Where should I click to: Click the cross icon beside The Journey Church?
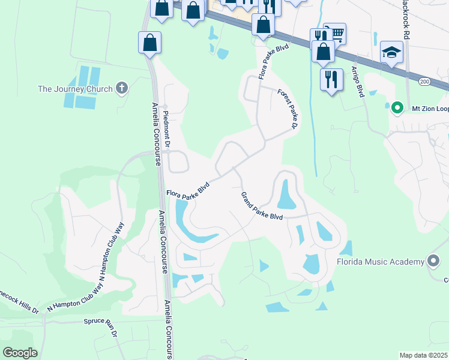click(122, 89)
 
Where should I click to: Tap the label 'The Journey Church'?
click(75, 89)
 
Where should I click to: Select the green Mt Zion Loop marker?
click(396, 109)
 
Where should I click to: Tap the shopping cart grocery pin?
click(335, 34)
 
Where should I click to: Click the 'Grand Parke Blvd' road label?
click(262, 206)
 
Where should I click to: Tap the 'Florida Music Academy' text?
click(380, 262)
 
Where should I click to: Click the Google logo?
click(20, 352)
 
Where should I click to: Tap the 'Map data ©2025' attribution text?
click(423, 355)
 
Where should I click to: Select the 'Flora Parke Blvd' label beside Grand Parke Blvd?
click(187, 190)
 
